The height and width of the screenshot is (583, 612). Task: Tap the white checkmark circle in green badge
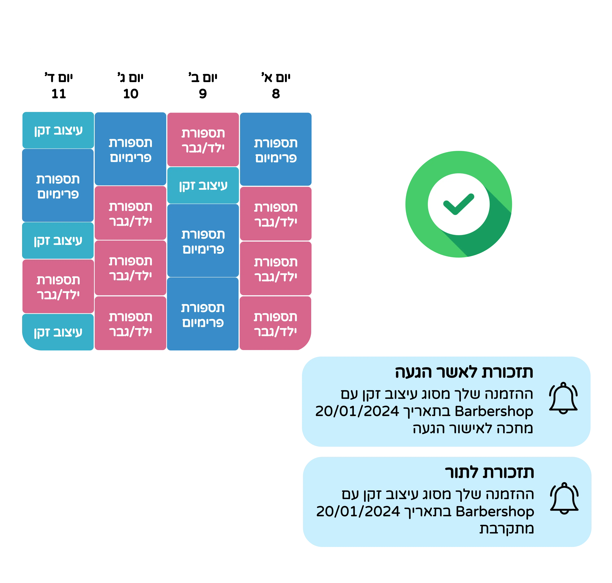459,204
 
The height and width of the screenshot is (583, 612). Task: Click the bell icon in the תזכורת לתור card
564,498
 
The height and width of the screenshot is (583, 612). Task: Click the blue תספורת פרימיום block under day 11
58,186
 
